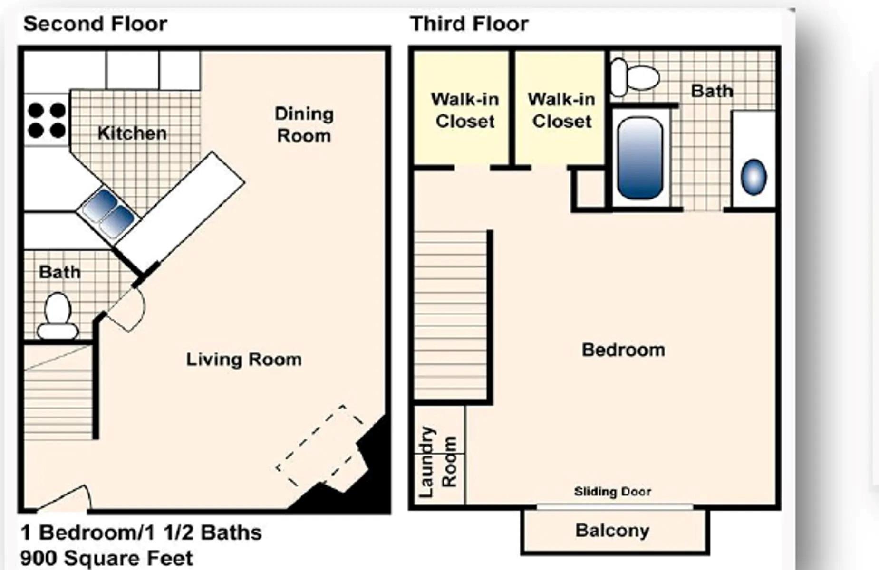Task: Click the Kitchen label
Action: (132, 133)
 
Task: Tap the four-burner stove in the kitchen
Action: (47, 120)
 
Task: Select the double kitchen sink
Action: (109, 213)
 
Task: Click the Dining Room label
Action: (304, 125)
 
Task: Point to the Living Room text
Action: (243, 360)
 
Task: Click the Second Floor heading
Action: (95, 24)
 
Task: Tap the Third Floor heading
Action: (469, 24)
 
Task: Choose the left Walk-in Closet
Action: (464, 111)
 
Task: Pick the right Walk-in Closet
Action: (561, 111)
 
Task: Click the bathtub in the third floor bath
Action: (640, 158)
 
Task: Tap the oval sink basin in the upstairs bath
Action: (753, 177)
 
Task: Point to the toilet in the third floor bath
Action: (635, 77)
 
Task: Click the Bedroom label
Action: (623, 350)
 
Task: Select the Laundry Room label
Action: (438, 462)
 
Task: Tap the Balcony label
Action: (612, 531)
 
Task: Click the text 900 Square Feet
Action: (106, 558)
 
